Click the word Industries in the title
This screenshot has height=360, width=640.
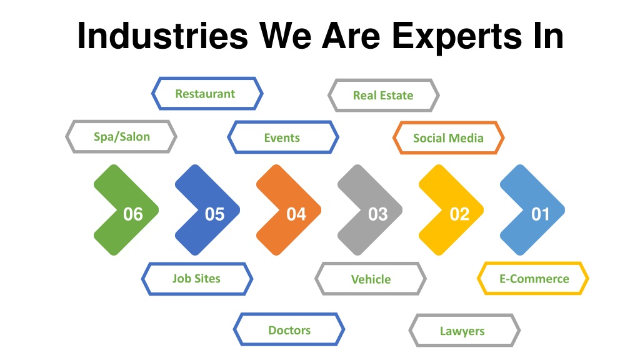(162, 36)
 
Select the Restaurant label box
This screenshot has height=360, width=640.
(207, 94)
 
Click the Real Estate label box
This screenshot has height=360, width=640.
(384, 95)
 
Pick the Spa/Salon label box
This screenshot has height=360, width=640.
(121, 137)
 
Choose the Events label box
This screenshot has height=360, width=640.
(283, 137)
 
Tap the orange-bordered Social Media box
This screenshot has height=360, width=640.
(449, 138)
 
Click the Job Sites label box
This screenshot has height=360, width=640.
(197, 279)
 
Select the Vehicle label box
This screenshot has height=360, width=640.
(371, 279)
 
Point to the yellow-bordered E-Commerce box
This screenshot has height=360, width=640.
(533, 278)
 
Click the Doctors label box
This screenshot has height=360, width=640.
(289, 329)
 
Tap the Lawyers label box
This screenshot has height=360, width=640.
(464, 330)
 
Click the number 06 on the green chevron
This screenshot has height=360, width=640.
(133, 214)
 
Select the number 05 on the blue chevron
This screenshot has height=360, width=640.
(215, 214)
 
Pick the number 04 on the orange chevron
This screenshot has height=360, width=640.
(296, 214)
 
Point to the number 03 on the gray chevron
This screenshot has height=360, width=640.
(378, 214)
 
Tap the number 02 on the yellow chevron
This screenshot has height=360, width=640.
(459, 214)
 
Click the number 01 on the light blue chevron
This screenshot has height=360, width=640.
(541, 214)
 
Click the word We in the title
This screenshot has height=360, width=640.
(285, 36)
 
